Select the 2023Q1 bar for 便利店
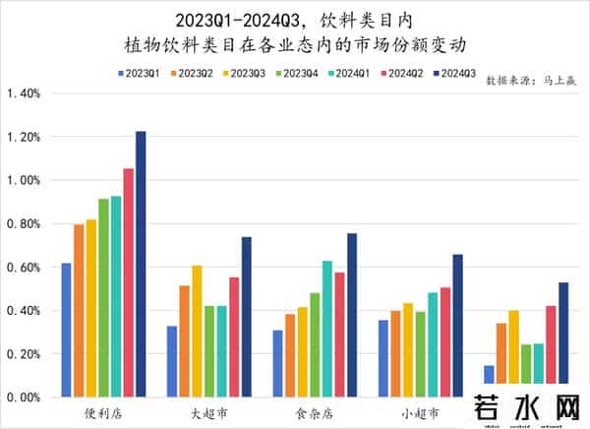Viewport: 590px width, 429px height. click(66, 330)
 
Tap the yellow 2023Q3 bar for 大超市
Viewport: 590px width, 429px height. click(197, 331)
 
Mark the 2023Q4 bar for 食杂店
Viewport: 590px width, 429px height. click(315, 344)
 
